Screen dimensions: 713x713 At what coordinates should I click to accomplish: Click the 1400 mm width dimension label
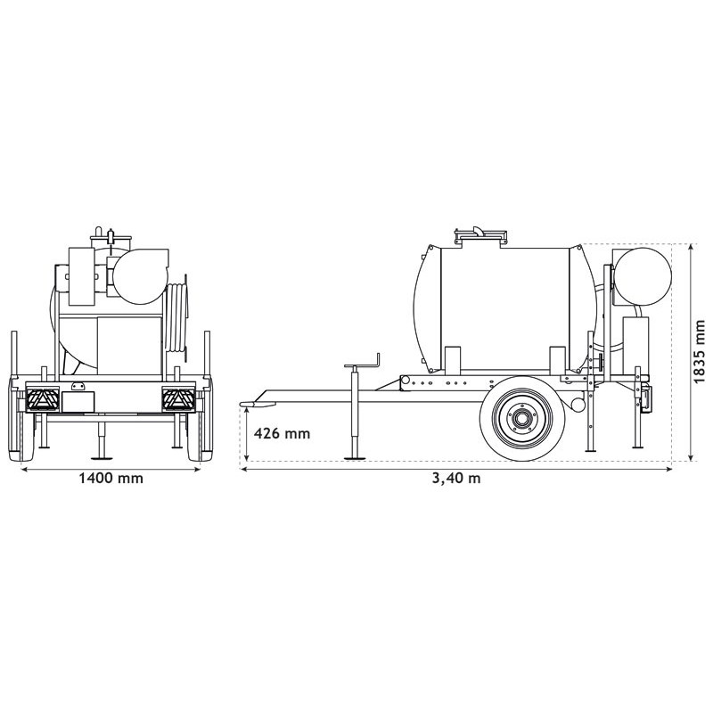click(x=111, y=479)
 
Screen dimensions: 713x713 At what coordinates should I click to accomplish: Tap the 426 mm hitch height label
click(x=282, y=434)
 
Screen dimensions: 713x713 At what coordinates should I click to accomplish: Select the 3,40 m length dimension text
click(x=455, y=479)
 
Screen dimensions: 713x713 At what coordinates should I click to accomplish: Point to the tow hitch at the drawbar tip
click(x=250, y=406)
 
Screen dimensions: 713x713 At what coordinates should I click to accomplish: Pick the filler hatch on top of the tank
click(x=482, y=235)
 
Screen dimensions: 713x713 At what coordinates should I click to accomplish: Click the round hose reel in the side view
click(x=643, y=273)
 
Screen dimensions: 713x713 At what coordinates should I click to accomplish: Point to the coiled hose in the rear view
click(x=180, y=316)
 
